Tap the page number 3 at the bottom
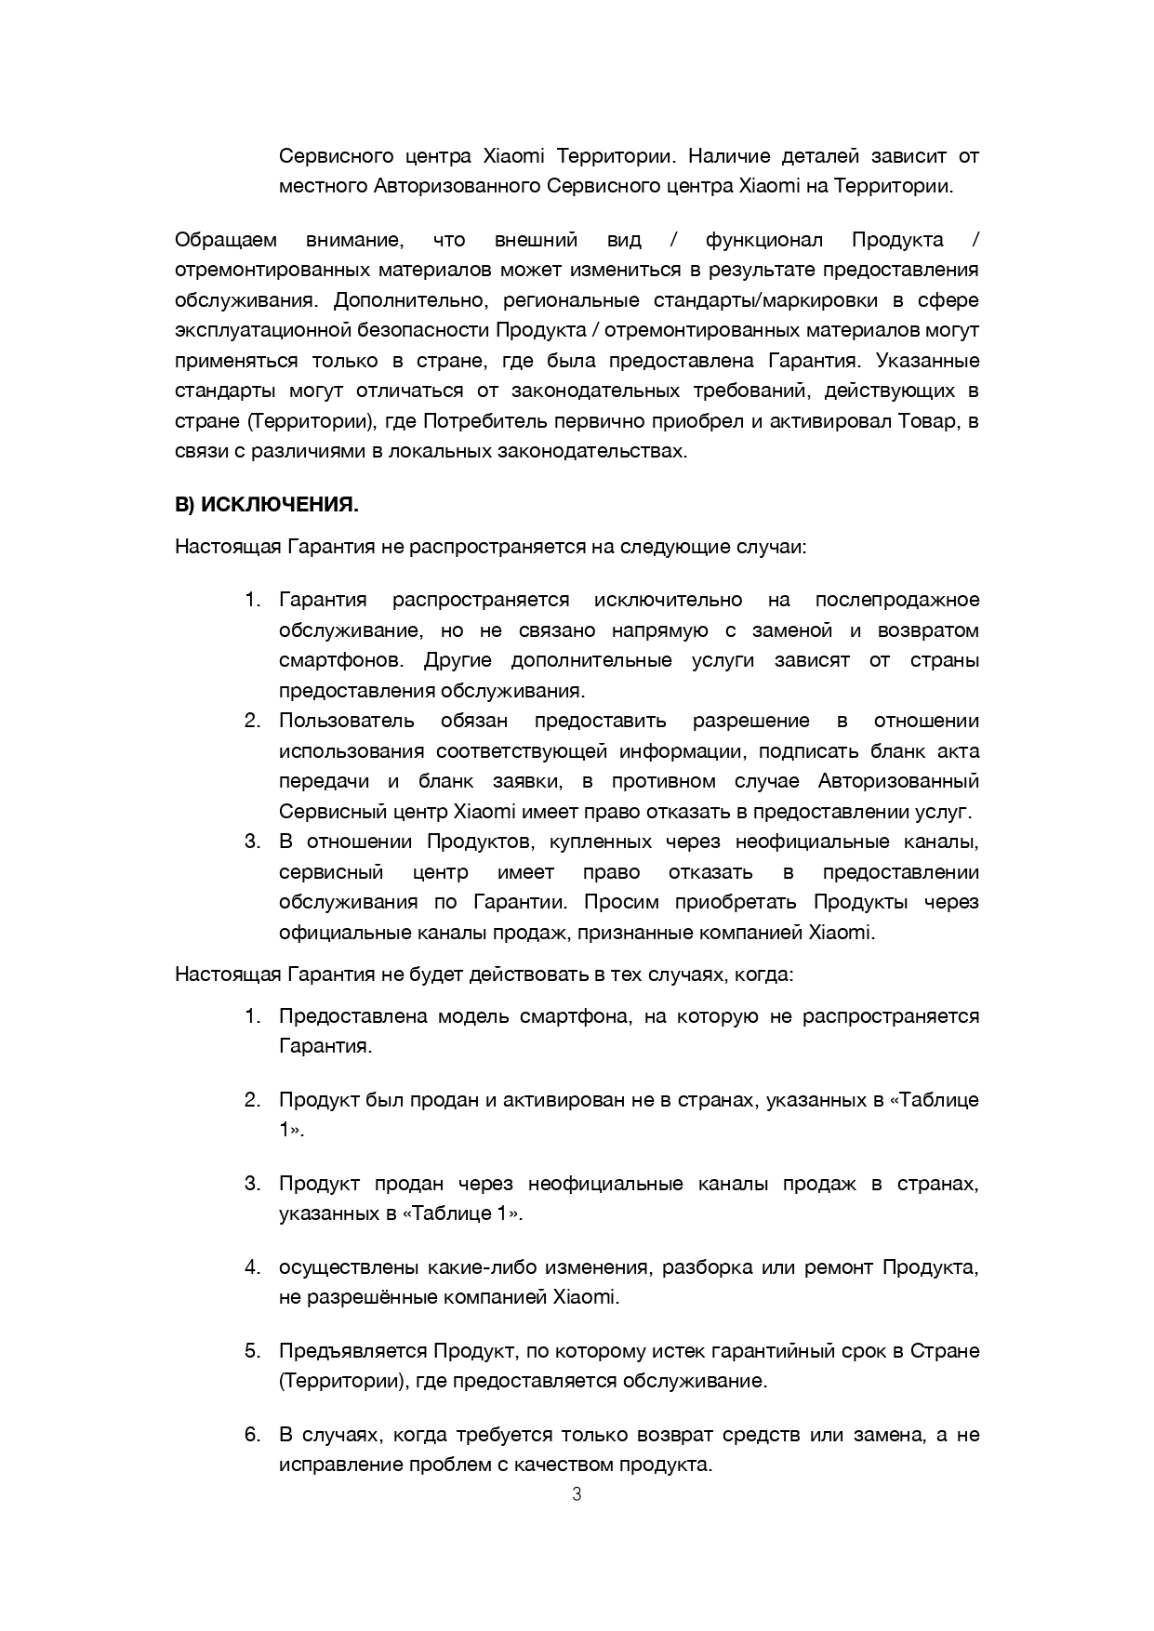click(x=577, y=1495)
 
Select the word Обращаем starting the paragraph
click(x=226, y=240)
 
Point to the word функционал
click(x=764, y=240)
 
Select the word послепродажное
click(x=896, y=600)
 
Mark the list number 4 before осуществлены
click(x=251, y=1266)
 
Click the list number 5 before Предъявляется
click(x=251, y=1350)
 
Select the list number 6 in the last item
click(x=251, y=1434)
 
